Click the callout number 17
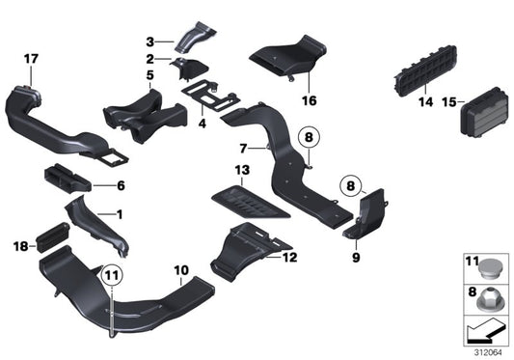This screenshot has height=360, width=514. click(31, 59)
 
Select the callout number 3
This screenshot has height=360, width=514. click(150, 41)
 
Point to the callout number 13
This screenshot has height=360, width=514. click(242, 169)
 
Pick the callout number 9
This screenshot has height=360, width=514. click(355, 259)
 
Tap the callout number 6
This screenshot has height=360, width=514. click(121, 185)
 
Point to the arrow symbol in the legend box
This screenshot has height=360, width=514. click(485, 330)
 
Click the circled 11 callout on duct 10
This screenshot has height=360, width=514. click(113, 276)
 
